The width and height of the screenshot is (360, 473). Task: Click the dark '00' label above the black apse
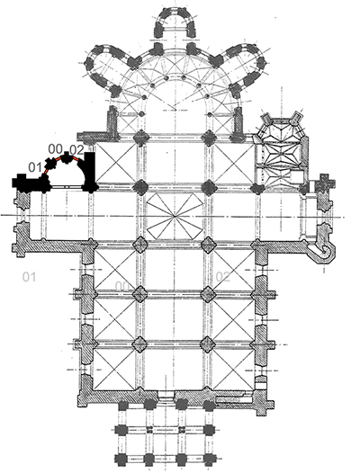[x=56, y=149]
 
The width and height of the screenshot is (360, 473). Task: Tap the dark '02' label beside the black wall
[x=76, y=150]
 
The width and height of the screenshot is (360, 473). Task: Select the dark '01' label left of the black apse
[x=35, y=167]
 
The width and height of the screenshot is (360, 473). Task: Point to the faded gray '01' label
[x=30, y=277]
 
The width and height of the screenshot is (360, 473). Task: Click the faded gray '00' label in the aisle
[x=122, y=286]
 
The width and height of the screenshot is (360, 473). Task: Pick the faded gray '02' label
[x=223, y=276]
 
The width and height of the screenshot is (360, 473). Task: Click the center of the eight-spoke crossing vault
[x=175, y=216]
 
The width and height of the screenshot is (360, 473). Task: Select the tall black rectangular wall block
[x=90, y=169]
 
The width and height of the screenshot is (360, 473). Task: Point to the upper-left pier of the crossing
[x=140, y=187]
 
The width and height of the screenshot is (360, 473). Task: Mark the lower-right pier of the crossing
[x=208, y=245]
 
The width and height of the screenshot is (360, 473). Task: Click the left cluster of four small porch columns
[x=148, y=429]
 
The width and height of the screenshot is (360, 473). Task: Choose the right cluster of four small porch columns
[x=182, y=429]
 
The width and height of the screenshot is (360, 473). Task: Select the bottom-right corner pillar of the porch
[x=209, y=460]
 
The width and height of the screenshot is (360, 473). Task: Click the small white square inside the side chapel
[x=296, y=175]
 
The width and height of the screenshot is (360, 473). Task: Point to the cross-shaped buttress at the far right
[x=325, y=183]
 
